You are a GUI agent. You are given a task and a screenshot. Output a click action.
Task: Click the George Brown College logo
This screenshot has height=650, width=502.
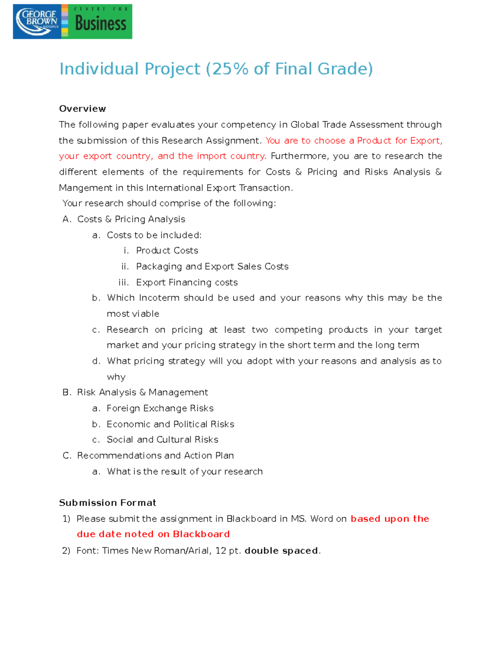pyautogui.click(x=37, y=22)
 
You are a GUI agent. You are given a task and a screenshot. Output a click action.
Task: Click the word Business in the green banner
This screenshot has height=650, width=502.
pyautogui.click(x=100, y=24)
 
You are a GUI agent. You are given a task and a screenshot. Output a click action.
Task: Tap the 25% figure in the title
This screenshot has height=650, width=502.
pyautogui.click(x=230, y=69)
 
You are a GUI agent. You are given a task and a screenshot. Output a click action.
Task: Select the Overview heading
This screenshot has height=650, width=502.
pyautogui.click(x=82, y=109)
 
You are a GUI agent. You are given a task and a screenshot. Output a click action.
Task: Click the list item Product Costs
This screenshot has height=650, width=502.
pyautogui.click(x=167, y=251)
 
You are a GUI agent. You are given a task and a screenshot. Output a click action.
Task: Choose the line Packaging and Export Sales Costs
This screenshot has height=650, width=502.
pyautogui.click(x=212, y=267)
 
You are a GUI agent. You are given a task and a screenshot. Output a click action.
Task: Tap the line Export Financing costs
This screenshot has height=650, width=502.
pyautogui.click(x=187, y=283)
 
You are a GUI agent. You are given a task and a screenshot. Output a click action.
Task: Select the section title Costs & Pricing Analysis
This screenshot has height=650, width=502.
pyautogui.click(x=131, y=219)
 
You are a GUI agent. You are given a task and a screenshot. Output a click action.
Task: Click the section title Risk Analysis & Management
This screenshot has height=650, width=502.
pyautogui.click(x=142, y=393)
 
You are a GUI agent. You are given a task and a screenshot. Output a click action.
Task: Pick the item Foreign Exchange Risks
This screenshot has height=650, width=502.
pyautogui.click(x=160, y=408)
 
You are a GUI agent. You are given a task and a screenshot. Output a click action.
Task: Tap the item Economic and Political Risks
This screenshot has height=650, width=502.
pyautogui.click(x=170, y=424)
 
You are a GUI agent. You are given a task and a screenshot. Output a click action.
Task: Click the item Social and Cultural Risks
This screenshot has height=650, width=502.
pyautogui.click(x=162, y=440)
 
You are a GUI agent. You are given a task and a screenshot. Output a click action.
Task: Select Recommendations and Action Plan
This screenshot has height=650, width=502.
pyautogui.click(x=155, y=456)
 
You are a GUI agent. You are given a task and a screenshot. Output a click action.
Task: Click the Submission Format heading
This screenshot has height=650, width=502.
pyautogui.click(x=108, y=503)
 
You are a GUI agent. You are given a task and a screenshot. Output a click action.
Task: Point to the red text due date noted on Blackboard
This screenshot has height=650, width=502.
pyautogui.click(x=153, y=534)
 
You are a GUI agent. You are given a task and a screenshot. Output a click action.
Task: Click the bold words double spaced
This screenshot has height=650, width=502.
pyautogui.click(x=281, y=551)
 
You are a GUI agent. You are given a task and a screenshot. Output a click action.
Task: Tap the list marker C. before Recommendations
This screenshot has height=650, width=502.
pyautogui.click(x=67, y=456)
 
